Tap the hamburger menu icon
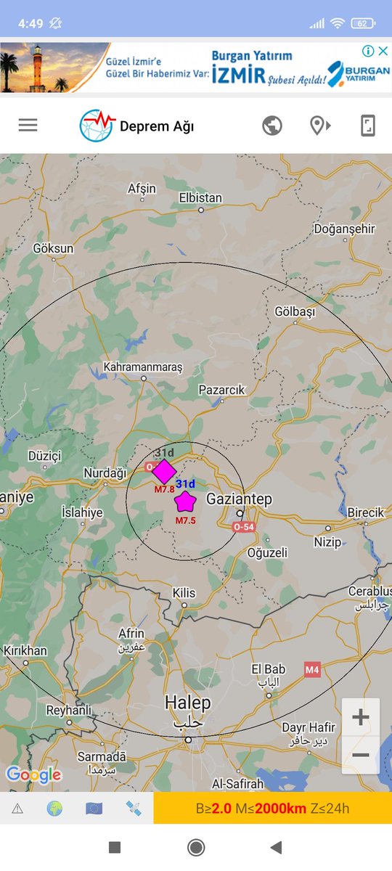click(28, 125)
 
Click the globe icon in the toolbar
click(272, 126)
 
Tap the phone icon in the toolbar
click(368, 126)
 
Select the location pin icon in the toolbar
click(319, 126)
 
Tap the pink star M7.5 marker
click(186, 502)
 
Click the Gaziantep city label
click(239, 499)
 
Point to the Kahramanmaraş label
click(143, 367)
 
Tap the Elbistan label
click(200, 197)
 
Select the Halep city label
click(187, 703)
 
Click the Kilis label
click(184, 593)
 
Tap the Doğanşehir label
click(344, 229)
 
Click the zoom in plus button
click(361, 718)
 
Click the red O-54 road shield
click(244, 527)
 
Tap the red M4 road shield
click(312, 670)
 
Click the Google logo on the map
click(33, 775)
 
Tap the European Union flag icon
click(94, 808)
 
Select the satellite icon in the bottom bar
click(133, 808)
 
